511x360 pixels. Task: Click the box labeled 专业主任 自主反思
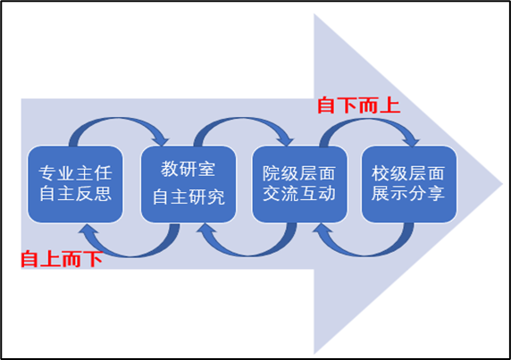(x=75, y=184)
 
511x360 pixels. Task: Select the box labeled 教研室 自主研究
(x=188, y=184)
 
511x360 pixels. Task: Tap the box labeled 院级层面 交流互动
(x=299, y=184)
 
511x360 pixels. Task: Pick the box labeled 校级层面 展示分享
(x=409, y=184)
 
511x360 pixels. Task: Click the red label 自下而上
(x=359, y=105)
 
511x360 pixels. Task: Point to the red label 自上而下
(x=62, y=259)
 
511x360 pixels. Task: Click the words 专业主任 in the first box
(x=75, y=173)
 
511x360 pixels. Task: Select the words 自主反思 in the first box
(x=75, y=194)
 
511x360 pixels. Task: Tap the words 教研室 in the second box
(x=188, y=169)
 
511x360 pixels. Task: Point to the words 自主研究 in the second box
(x=188, y=197)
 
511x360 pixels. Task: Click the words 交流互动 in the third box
(x=299, y=194)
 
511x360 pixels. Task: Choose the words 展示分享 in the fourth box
(x=408, y=194)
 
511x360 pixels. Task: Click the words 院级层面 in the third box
(x=299, y=173)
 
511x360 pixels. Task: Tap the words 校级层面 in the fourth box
(x=408, y=173)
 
